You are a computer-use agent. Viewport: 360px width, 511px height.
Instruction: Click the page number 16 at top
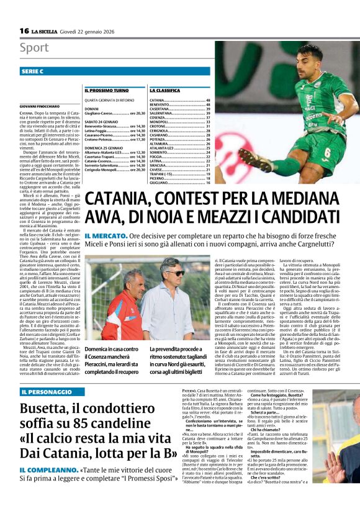click(x=24, y=31)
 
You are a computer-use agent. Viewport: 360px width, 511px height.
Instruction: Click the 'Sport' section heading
click(x=34, y=48)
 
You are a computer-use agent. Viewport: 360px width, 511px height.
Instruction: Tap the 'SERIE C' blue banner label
click(x=32, y=72)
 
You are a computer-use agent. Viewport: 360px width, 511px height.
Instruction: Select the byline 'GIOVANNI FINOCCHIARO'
click(x=40, y=107)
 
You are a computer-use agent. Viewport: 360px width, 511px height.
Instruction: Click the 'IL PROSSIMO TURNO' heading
click(x=107, y=91)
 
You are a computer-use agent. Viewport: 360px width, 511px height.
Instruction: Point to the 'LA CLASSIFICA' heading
click(x=164, y=91)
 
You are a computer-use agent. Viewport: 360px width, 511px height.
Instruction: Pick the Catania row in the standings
click(x=179, y=101)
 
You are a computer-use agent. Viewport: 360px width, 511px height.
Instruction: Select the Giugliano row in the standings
click(x=179, y=183)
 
